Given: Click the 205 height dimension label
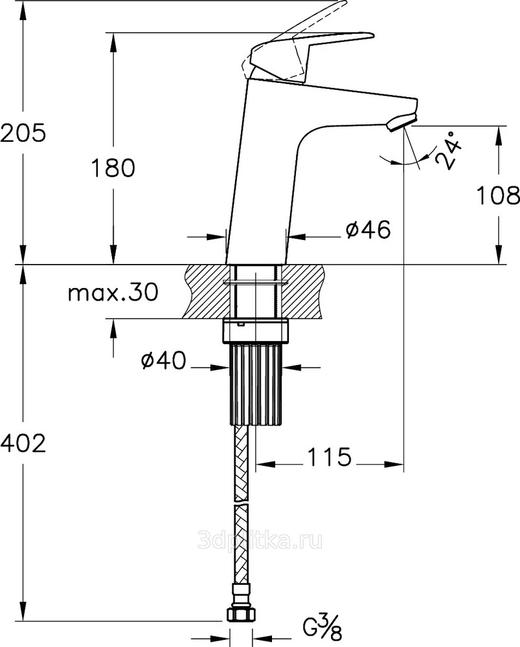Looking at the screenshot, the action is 23,133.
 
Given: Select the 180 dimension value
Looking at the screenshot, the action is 113,168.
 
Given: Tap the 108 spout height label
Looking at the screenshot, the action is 498,195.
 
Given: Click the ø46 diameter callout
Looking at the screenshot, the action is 368,230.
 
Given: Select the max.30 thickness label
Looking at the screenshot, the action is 113,292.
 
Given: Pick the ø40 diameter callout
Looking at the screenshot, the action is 164,360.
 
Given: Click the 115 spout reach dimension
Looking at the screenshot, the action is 329,457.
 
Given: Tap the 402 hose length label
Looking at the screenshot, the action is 23,444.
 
